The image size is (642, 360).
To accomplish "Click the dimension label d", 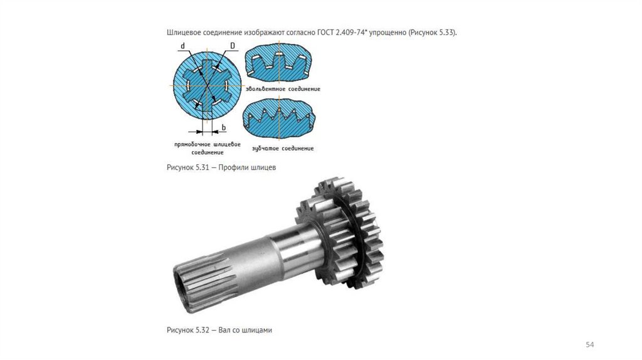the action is (x=182, y=46).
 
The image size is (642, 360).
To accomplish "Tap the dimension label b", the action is (x=224, y=128).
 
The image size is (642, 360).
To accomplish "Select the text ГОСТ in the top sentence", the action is (x=325, y=33).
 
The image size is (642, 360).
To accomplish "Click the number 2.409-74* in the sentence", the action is (x=352, y=33).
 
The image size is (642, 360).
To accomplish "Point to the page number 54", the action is (x=589, y=345).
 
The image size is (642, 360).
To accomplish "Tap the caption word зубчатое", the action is (x=265, y=148).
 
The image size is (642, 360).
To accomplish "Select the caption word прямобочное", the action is (x=192, y=145).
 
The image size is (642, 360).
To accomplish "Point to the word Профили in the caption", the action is (x=232, y=167).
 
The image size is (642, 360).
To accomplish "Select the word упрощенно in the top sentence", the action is (x=387, y=33).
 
